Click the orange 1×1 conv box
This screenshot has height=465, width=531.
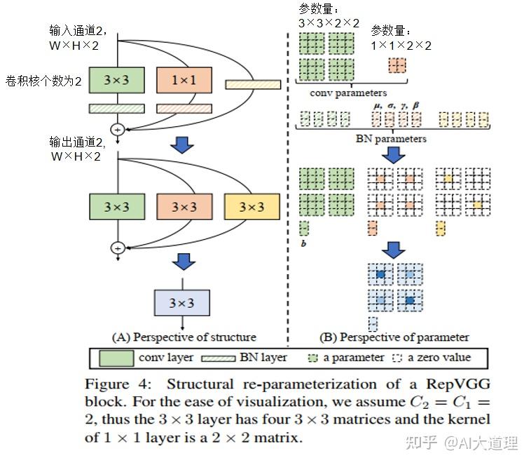[184, 80]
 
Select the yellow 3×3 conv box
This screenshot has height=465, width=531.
[252, 207]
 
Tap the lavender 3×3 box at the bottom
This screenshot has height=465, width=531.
[182, 302]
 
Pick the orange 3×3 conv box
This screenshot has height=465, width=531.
[184, 207]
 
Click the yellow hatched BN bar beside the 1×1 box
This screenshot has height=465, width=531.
[254, 84]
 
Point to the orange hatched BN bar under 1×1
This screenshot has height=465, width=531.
[184, 109]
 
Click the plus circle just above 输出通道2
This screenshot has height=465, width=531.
[118, 129]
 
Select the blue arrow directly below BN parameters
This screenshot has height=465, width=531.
[393, 155]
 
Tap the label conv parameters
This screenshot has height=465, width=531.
[348, 93]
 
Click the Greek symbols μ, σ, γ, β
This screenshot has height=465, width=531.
[396, 106]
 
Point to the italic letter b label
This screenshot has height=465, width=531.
[304, 243]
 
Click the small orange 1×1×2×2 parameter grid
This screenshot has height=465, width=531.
[397, 65]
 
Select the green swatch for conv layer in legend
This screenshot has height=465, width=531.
[116, 358]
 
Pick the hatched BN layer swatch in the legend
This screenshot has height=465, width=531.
[219, 358]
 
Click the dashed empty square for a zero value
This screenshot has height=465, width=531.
[397, 358]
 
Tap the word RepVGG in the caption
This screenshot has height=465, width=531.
[458, 384]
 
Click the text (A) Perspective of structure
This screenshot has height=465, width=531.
[184, 337]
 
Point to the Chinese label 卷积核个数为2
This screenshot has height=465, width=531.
[43, 81]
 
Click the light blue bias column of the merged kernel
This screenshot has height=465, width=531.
[373, 324]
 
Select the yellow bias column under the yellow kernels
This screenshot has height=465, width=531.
[440, 228]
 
